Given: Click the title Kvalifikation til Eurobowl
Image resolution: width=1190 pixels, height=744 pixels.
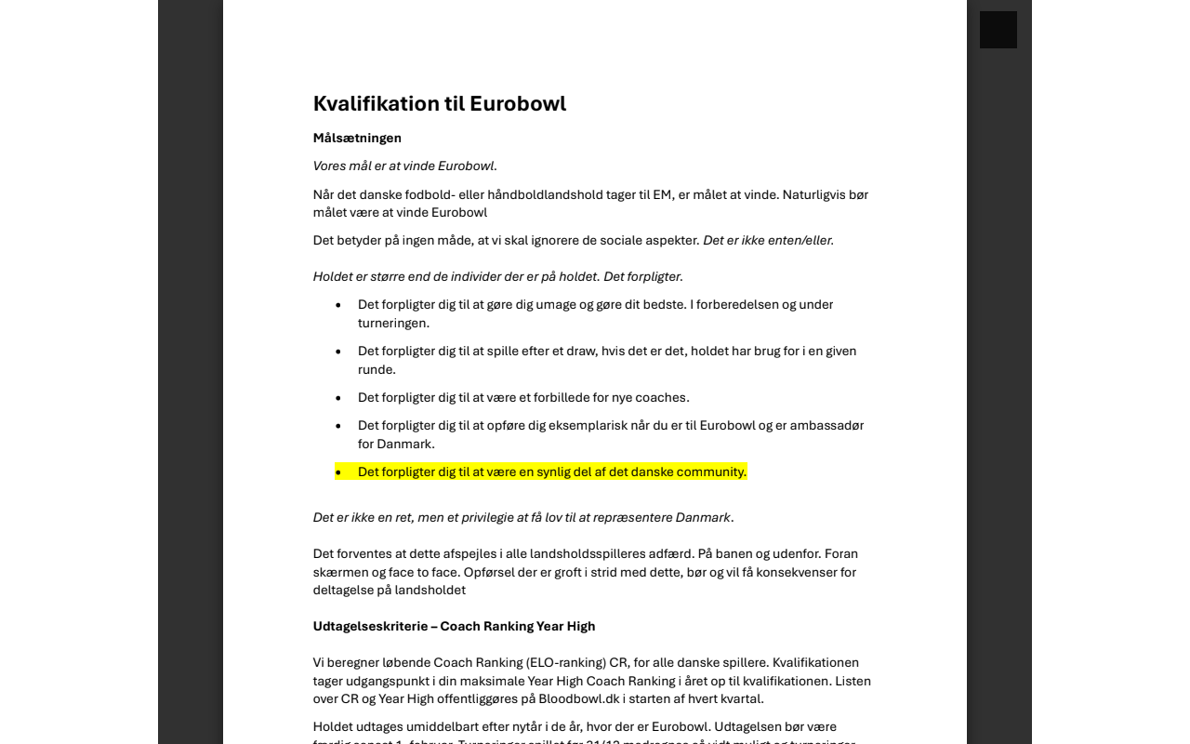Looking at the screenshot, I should [439, 103].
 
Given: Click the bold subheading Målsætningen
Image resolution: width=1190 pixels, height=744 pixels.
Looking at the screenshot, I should [357, 139].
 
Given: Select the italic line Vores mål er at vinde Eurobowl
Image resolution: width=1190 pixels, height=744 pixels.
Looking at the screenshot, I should [404, 166].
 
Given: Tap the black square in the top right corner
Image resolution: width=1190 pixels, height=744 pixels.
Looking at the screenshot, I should [998, 30].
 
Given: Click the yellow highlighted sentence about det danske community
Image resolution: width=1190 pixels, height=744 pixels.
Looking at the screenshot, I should [551, 472].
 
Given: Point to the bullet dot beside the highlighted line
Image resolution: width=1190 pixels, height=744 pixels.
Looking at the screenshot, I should [338, 472].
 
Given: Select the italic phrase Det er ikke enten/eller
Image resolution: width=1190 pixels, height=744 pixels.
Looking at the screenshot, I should [768, 241].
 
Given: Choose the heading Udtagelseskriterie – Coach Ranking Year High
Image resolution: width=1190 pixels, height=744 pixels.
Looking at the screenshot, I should [454, 627].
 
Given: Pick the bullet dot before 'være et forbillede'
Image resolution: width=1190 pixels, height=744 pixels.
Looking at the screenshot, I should [338, 398].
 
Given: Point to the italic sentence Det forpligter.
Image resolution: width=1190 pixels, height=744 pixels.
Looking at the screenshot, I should [643, 277].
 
